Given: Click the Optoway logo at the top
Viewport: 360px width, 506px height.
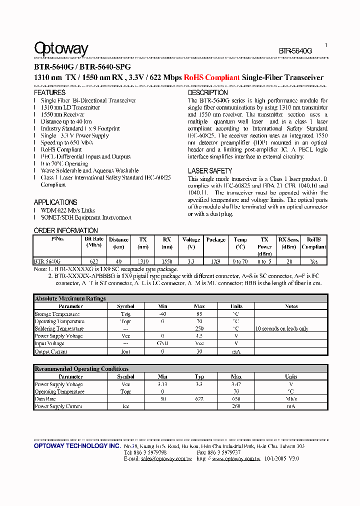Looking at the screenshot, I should (61, 48).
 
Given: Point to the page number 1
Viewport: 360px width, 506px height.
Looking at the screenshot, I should (326, 45).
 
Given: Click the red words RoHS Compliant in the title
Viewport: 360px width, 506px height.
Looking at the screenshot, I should (211, 77).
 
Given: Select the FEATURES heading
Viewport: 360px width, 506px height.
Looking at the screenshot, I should (49, 93).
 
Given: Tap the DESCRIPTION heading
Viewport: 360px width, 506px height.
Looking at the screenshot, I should (207, 93).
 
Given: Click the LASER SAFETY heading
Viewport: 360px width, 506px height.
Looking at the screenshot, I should (209, 171).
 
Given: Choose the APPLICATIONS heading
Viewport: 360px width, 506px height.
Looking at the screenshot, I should (55, 202).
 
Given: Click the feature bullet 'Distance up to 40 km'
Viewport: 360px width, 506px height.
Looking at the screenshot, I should (66, 121).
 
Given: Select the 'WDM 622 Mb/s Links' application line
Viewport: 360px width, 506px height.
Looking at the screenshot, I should (67, 210).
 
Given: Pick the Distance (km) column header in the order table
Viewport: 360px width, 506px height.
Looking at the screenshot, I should (118, 243).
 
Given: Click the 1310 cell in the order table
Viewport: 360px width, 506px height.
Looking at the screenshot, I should (143, 261).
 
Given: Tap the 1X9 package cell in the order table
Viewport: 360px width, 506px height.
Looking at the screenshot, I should (215, 261).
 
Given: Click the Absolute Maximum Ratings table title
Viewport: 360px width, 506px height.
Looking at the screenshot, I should (70, 298).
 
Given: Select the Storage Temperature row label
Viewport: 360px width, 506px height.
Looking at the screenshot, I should (57, 314).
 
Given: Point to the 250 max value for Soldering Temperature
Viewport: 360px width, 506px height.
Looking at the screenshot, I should (199, 329).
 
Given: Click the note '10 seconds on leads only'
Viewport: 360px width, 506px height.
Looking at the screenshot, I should (281, 329).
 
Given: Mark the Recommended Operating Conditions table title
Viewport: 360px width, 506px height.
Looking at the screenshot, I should (81, 369).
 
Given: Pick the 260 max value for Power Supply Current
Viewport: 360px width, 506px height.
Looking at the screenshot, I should (236, 406).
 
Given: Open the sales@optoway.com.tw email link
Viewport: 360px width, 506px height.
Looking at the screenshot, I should (166, 458).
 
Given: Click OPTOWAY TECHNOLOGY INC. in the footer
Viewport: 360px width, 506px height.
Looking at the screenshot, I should (76, 446).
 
